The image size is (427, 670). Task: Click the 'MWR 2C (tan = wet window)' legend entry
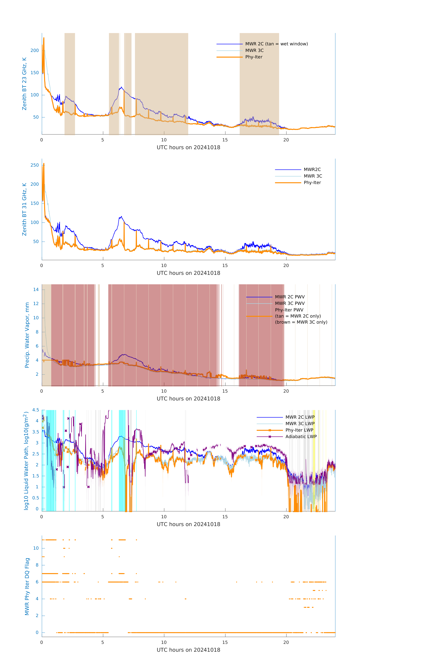tap(276, 44)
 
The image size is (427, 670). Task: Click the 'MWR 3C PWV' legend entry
tap(290, 303)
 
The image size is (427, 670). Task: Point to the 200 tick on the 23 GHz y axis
tap(35, 50)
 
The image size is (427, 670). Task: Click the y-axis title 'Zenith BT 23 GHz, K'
tap(24, 84)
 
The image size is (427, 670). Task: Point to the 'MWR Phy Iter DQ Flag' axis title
tap(27, 586)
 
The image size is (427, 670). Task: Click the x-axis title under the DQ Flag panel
tap(188, 650)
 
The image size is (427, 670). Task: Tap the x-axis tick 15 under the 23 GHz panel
tap(225, 140)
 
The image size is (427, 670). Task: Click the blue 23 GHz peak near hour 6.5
tap(121, 87)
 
